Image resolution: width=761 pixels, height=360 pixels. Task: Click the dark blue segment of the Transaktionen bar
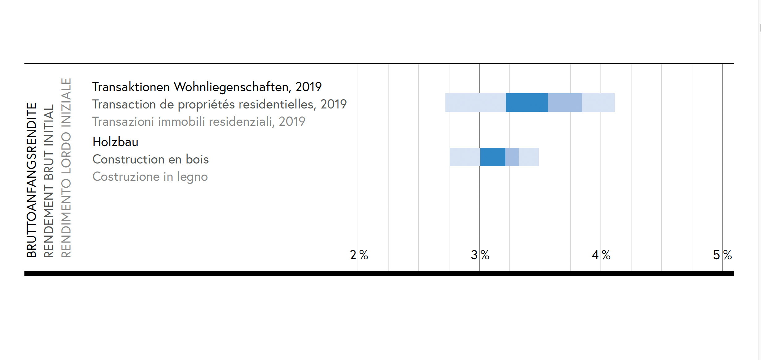527,103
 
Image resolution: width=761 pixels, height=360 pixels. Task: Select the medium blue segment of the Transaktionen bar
565,103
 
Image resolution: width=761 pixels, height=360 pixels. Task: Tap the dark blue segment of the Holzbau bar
493,157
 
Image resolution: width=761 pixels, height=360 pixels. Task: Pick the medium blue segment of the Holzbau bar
512,157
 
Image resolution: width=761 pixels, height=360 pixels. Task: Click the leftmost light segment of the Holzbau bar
465,157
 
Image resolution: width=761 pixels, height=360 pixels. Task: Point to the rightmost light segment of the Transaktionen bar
598,103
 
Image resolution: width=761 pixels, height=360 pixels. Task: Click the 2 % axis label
359,255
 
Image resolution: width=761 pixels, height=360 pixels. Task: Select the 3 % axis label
480,255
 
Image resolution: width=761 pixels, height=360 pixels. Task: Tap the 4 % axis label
601,255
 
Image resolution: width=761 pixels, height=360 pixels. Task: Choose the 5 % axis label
722,255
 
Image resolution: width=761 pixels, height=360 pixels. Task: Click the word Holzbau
115,142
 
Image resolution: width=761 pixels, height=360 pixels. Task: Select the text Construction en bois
151,159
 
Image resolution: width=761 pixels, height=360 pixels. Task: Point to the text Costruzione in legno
150,177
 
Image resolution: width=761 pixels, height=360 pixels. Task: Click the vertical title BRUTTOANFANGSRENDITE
32,180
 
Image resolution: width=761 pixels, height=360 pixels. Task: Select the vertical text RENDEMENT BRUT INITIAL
49,181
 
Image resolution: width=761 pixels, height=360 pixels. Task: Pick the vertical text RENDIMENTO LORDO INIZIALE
66,167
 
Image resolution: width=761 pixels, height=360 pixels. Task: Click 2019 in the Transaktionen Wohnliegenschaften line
308,87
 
